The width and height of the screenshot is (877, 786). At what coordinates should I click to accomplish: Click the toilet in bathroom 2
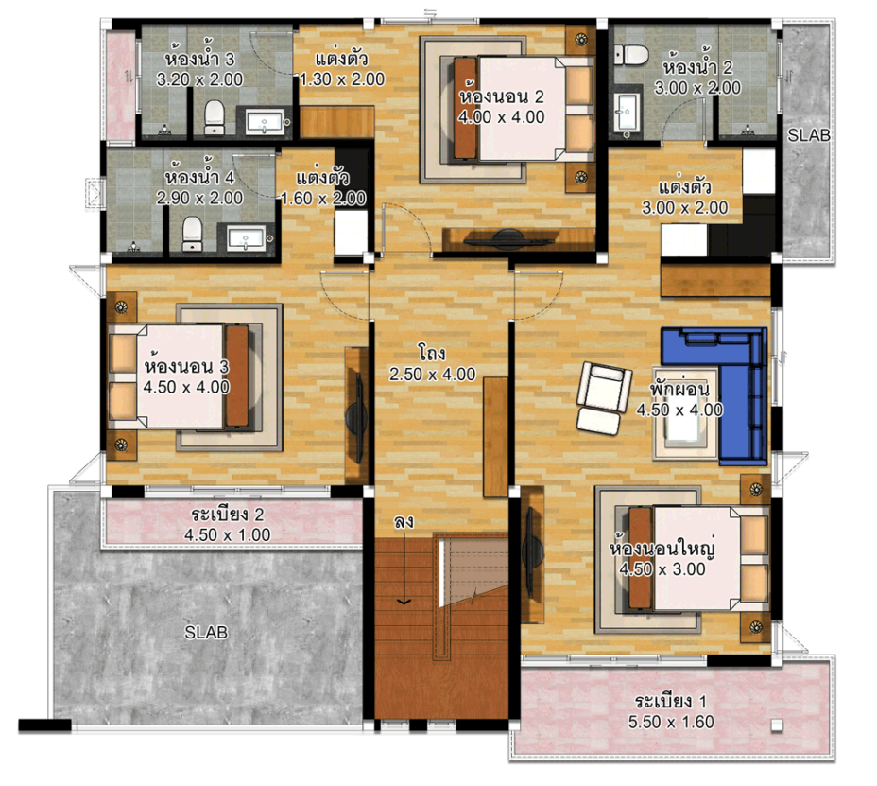tap(631, 54)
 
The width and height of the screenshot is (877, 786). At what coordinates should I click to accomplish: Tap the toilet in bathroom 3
tap(215, 117)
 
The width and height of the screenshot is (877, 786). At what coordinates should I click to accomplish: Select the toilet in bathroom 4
tap(192, 234)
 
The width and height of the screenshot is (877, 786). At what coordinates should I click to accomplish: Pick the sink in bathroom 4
tap(246, 238)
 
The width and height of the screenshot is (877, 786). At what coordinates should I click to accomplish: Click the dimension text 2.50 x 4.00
tap(432, 374)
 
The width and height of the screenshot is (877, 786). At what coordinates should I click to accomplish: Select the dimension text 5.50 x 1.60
tap(671, 722)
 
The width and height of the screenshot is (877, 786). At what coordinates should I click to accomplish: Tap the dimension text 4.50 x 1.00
tap(228, 534)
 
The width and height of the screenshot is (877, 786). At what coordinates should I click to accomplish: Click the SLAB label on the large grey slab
tap(206, 632)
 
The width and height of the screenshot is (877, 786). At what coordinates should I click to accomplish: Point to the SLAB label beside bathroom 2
tap(809, 135)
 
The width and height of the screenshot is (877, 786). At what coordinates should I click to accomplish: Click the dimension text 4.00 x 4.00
tap(501, 117)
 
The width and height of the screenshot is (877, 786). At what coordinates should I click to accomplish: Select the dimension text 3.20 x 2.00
tap(199, 79)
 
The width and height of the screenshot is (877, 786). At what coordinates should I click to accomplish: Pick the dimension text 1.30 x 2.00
tap(342, 79)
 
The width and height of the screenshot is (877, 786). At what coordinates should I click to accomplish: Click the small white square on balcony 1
tap(776, 725)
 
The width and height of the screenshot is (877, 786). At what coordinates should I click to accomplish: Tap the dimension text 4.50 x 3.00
tap(662, 568)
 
